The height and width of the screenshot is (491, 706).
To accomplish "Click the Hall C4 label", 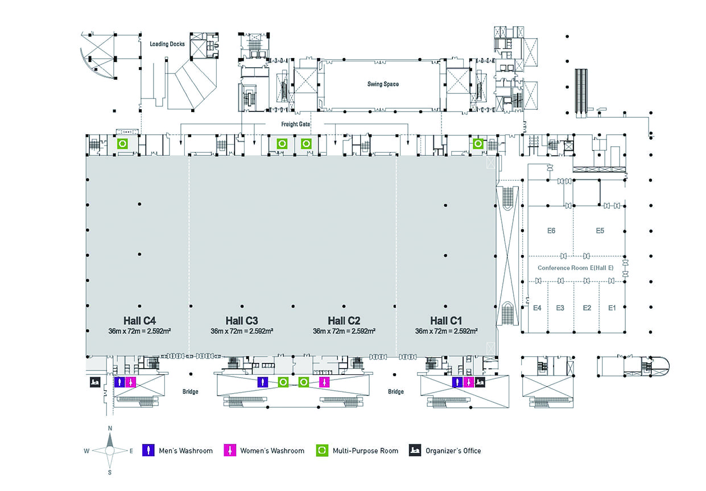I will coord(139,320).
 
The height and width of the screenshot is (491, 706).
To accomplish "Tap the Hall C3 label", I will coord(242,320).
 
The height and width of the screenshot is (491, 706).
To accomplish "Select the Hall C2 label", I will coord(344,320).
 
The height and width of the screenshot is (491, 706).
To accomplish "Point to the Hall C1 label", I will coord(446,320).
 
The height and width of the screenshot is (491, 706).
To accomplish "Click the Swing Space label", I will coord(383,84).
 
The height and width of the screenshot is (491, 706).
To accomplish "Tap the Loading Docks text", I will coord(167,44).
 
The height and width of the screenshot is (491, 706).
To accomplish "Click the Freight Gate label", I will coord(295,123).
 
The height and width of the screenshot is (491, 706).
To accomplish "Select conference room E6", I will coord(551,230).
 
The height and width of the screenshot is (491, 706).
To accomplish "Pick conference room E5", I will coord(600,230).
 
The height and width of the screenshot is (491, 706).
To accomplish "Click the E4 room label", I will coord(537,308).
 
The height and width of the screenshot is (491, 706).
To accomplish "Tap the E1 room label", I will coord(612,308).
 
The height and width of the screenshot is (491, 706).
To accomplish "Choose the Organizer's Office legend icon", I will coord(414,451).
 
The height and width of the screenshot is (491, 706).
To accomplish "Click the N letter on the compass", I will coord(110,428).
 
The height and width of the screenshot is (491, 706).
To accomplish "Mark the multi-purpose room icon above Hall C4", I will coord(122,143).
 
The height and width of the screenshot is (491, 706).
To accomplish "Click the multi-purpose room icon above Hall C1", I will coord(478,143).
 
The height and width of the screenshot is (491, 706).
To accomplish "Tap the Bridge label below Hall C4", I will coord(190,391).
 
